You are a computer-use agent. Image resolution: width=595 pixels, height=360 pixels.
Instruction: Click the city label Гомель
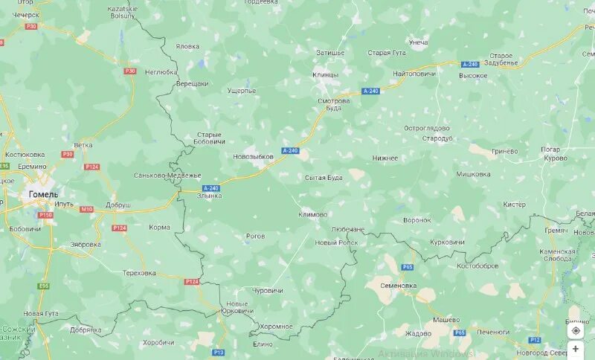pyautogui.click(x=43, y=194)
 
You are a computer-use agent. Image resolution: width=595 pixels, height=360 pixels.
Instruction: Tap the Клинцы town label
pyautogui.click(x=325, y=75)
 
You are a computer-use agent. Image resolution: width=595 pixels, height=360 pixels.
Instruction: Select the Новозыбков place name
pyautogui.click(x=254, y=157)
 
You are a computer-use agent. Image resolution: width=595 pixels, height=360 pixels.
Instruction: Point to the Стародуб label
pyautogui.click(x=437, y=138)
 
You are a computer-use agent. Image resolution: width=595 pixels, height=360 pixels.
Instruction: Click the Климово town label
pyautogui.click(x=312, y=214)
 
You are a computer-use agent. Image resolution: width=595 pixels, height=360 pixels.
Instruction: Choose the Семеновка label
pyautogui.click(x=398, y=285)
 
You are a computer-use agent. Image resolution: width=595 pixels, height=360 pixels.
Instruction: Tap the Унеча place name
pyautogui.click(x=418, y=42)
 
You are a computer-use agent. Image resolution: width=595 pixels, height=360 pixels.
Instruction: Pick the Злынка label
pyautogui.click(x=209, y=196)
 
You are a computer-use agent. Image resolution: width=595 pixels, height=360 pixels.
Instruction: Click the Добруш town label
pyautogui.click(x=118, y=205)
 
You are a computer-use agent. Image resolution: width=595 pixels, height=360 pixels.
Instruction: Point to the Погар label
pyautogui.click(x=551, y=149)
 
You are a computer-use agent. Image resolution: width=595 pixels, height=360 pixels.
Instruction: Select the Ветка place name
pyautogui.click(x=83, y=145)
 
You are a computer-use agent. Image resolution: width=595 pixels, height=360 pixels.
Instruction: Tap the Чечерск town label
pyautogui.click(x=25, y=14)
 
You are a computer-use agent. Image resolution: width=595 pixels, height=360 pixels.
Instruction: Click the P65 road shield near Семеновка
pyautogui.click(x=407, y=266)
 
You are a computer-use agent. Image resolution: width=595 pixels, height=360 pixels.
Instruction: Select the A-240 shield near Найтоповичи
pyautogui.click(x=469, y=65)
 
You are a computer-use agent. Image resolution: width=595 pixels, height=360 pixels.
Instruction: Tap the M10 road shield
pyautogui.click(x=87, y=210)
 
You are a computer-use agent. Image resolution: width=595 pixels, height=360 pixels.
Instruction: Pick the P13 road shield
pyautogui.click(x=218, y=352)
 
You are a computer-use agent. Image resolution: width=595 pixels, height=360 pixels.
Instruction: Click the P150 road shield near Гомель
pyautogui.click(x=46, y=215)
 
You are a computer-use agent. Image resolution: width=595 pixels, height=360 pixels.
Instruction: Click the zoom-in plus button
pyautogui.click(x=576, y=348)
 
